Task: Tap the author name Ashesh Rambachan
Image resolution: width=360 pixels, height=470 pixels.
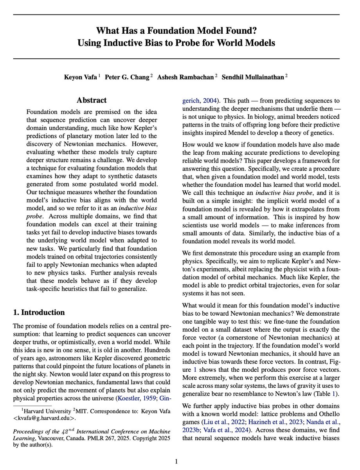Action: (185, 77)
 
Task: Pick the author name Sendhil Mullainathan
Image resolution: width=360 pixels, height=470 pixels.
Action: (253, 77)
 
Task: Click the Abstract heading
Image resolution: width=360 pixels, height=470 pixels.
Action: (92, 100)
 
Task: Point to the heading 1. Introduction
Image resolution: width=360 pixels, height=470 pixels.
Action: (39, 312)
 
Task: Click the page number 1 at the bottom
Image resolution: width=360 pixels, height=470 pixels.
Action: (176, 461)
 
